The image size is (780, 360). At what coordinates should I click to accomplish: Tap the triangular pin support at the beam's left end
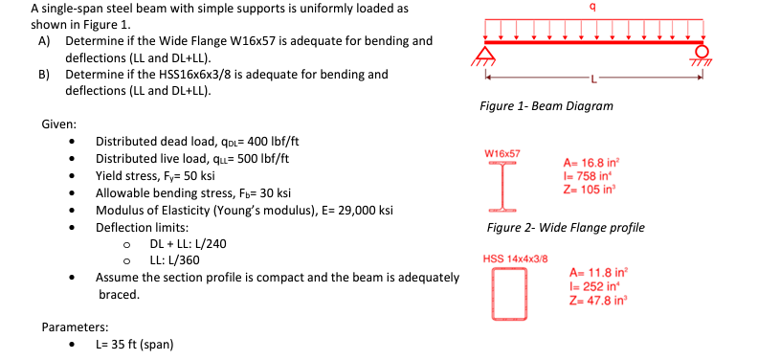488,53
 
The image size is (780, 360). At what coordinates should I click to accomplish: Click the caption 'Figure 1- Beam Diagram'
546,105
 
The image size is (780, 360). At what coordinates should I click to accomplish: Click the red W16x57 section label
502,153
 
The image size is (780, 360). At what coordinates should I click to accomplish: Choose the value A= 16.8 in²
594,163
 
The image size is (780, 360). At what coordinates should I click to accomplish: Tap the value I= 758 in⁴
590,175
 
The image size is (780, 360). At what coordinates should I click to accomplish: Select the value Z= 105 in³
592,189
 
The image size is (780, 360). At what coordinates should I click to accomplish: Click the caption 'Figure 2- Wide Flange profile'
566,228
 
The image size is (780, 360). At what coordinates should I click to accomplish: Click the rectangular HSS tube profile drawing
508,293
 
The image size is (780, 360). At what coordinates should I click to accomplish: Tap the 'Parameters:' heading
74,327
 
